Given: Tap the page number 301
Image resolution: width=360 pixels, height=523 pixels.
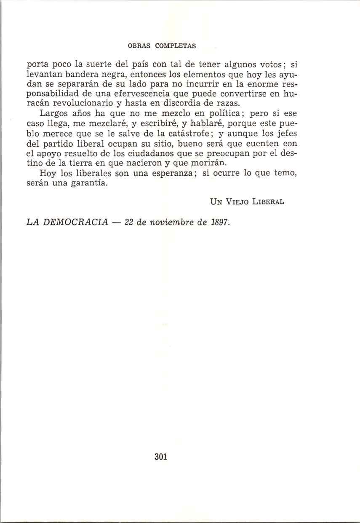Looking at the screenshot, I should click(161, 456).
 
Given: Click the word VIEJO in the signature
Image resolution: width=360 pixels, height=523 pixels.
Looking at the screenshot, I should click(233, 201).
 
